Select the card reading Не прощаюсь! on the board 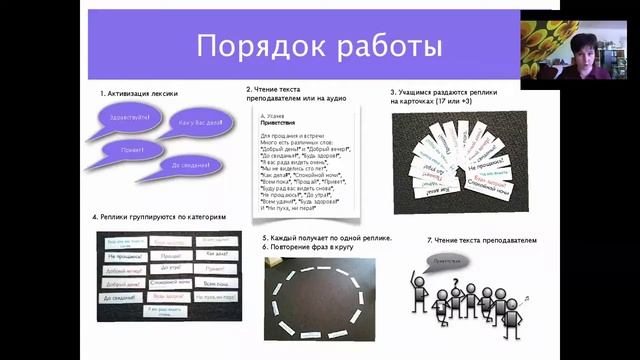[120, 256]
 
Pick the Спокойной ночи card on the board [168, 283]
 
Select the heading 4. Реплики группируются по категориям [160, 217]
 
